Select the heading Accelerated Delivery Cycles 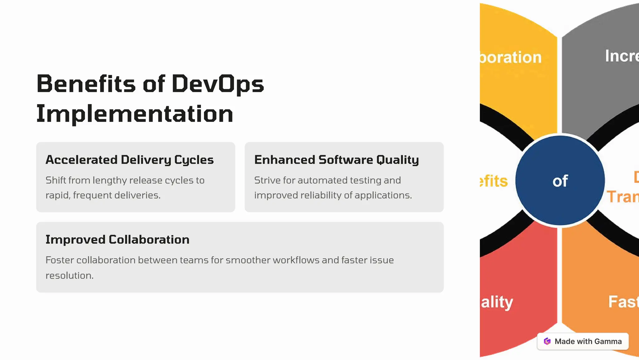pyautogui.click(x=129, y=160)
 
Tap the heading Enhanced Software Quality pyautogui.click(x=336, y=160)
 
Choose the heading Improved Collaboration pyautogui.click(x=117, y=240)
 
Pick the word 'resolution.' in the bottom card pyautogui.click(x=69, y=275)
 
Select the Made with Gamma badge pyautogui.click(x=583, y=341)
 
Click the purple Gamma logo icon pyautogui.click(x=547, y=341)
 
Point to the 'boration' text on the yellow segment pyautogui.click(x=511, y=57)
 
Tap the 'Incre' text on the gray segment pyautogui.click(x=622, y=56)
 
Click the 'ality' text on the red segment pyautogui.click(x=497, y=302)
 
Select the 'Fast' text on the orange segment pyautogui.click(x=623, y=302)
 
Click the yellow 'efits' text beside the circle pyautogui.click(x=494, y=181)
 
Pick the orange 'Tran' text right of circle pyautogui.click(x=623, y=197)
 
